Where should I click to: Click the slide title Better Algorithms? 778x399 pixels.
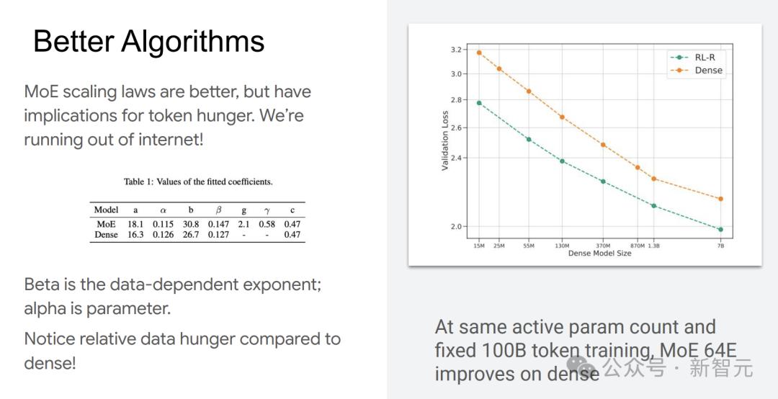[x=149, y=42]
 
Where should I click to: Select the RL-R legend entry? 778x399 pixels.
[x=696, y=57]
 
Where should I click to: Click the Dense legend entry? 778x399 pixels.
[x=697, y=71]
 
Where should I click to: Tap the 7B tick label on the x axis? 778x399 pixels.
[x=720, y=246]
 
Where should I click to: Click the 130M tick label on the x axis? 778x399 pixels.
[x=562, y=246]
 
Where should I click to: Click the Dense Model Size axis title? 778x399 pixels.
[x=599, y=254]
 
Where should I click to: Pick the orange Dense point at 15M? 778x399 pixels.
[x=479, y=53]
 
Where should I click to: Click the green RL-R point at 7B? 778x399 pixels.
[x=720, y=229]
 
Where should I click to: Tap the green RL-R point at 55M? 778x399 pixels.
[x=529, y=140]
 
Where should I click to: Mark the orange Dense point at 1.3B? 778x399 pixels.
[x=654, y=179]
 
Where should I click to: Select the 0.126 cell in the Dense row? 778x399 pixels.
[x=164, y=234]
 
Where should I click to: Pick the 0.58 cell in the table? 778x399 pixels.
[x=267, y=224]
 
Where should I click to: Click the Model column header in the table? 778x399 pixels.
[x=106, y=210]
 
